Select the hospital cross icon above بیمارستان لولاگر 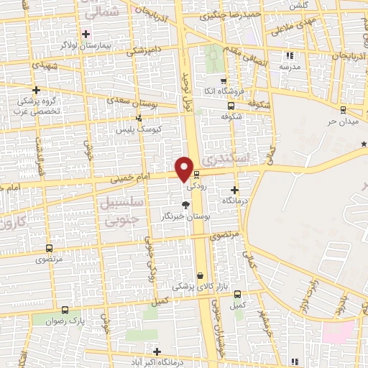point(86,34)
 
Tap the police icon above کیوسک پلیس point(139,118)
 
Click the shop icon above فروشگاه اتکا point(224,80)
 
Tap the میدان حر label point(342,119)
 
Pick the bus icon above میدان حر point(343,109)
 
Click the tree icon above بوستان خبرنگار point(186,206)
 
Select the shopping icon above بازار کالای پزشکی point(200,275)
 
